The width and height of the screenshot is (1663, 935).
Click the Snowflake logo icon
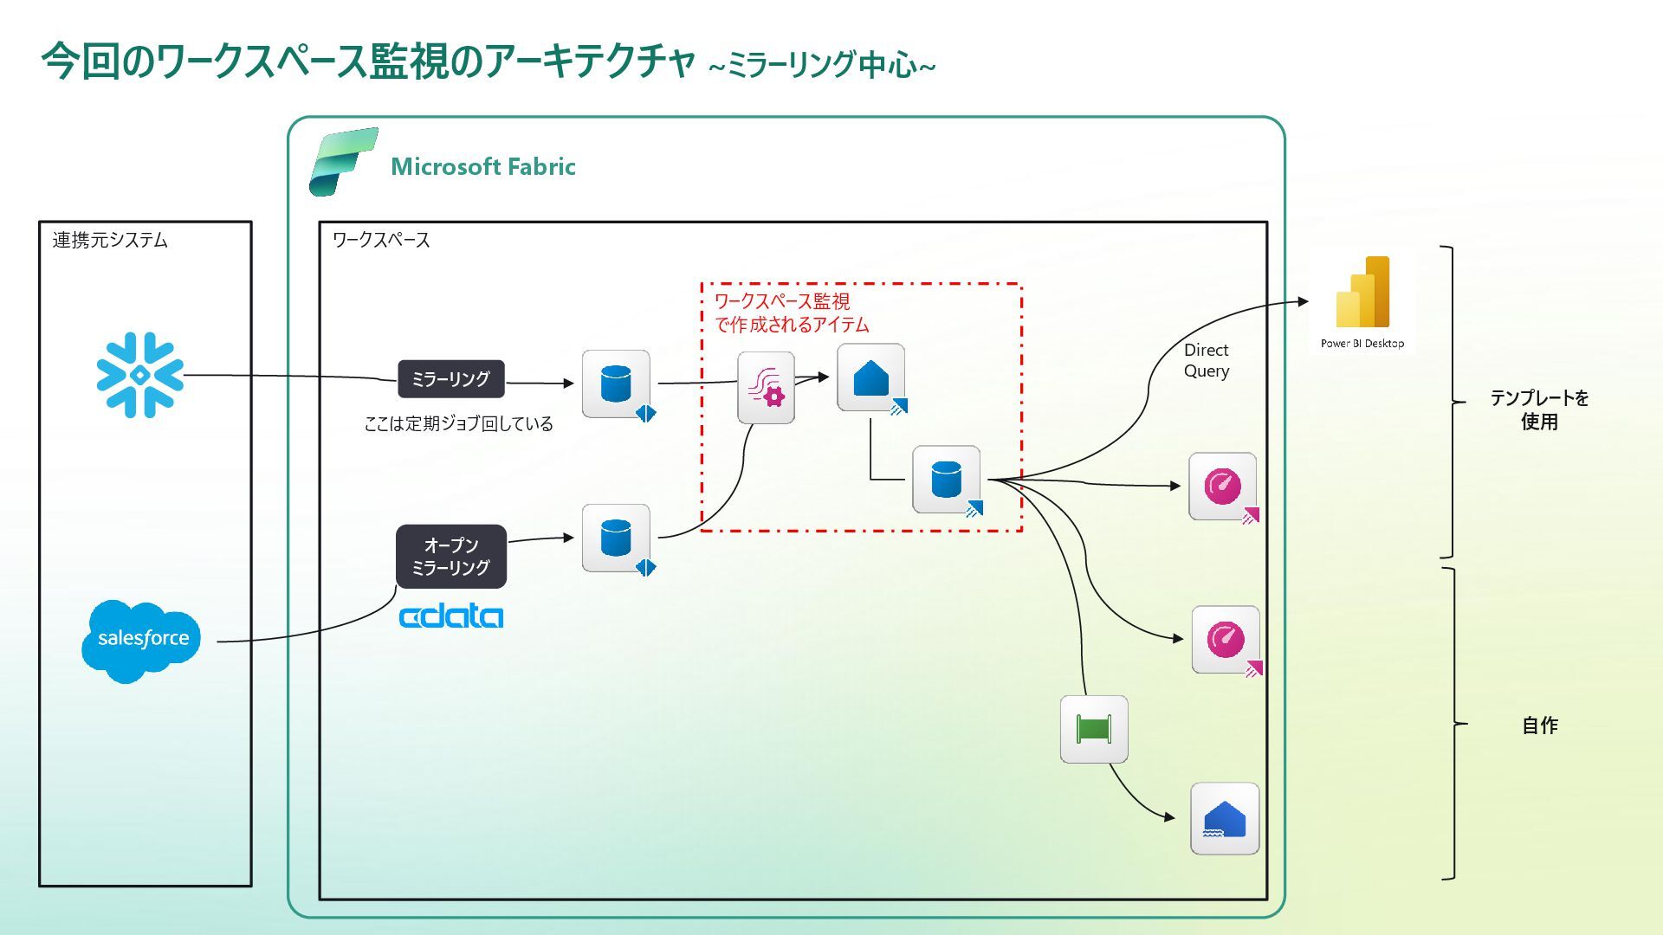140,375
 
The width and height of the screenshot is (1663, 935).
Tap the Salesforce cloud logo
141,640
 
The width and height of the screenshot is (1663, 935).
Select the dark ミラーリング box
450,379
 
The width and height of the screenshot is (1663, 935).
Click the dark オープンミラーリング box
450,556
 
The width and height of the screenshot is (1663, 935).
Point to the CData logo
450,616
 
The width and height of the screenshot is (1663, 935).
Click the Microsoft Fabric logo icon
343,161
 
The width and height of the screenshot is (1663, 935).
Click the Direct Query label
1206,360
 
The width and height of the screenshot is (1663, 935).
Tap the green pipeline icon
1093,729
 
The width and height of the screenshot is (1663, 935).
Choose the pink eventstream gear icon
766,387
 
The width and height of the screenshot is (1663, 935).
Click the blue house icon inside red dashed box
870,377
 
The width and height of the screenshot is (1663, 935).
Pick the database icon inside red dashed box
946,479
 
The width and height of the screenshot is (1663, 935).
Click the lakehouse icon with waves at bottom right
1224,818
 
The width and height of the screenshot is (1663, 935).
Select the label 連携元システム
110,240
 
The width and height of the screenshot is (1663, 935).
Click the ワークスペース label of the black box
381,240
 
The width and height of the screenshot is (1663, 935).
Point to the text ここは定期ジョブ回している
458,423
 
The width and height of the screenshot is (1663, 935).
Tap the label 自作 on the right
1539,725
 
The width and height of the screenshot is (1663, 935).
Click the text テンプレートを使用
1539,409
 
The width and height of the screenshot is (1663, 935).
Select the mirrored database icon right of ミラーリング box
616,384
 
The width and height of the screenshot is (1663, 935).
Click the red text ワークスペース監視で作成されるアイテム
790,313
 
